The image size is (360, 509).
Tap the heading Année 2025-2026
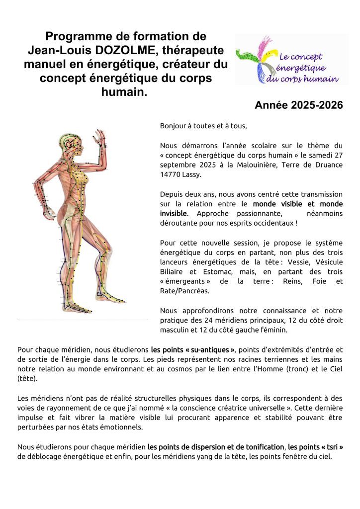pyautogui.click(x=298, y=105)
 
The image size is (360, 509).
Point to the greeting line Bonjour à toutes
pyautogui.click(x=203, y=126)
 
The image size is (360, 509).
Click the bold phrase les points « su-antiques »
pyautogui.click(x=193, y=349)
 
